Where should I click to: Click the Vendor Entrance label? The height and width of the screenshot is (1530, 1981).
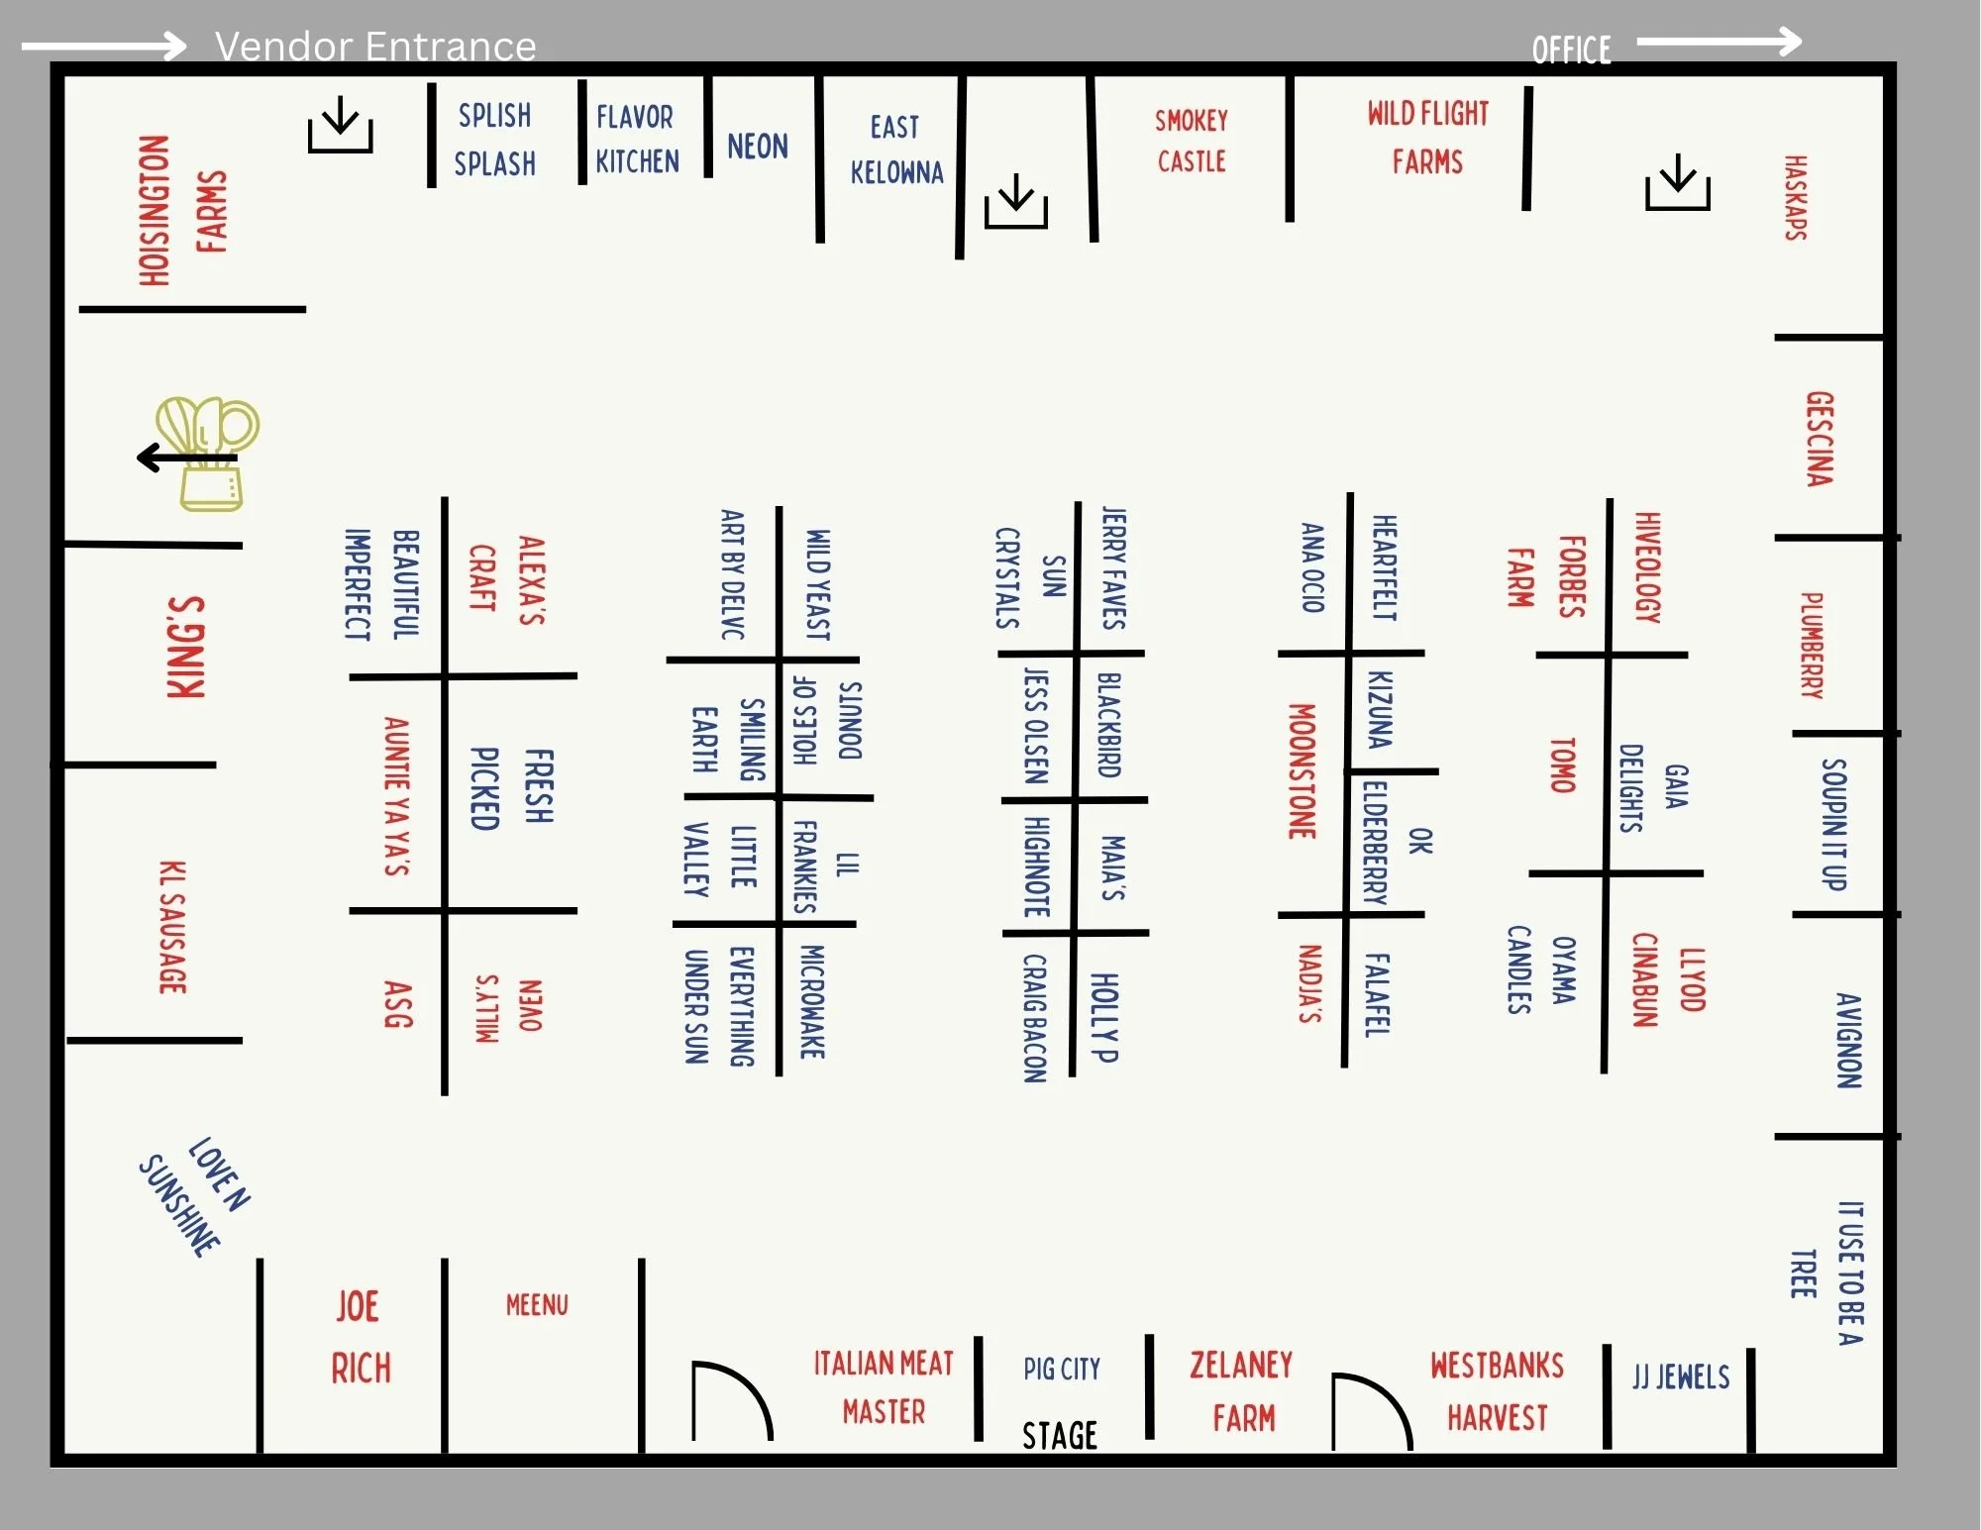point(375,47)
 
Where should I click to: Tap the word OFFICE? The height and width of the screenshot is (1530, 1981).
point(1571,50)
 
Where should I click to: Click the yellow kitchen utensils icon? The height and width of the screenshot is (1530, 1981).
point(208,454)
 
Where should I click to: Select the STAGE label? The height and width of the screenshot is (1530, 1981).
point(1059,1435)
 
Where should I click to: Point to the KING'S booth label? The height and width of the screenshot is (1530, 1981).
point(186,648)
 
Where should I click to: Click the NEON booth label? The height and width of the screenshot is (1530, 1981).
point(758,147)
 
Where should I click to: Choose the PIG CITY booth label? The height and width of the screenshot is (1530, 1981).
point(1062,1370)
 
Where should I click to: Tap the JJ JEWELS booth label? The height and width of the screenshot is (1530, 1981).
point(1681,1377)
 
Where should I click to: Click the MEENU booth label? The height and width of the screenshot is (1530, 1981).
point(537,1305)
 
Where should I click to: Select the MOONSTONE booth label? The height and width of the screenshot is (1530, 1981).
point(1302,771)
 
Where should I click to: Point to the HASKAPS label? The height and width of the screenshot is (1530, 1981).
point(1795,197)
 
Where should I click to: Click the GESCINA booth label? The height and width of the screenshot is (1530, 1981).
point(1820,439)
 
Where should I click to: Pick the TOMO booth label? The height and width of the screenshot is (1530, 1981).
point(1562,765)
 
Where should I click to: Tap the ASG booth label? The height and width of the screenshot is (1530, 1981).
point(398,1004)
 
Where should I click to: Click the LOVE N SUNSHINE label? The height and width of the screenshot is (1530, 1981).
point(195,1195)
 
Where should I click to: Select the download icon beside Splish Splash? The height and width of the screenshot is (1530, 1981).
point(340,125)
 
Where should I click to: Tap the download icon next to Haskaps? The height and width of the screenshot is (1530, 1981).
point(1677,182)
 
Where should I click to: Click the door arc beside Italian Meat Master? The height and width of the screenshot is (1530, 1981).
point(731,1399)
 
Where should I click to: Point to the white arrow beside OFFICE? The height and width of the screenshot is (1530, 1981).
point(1719,42)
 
